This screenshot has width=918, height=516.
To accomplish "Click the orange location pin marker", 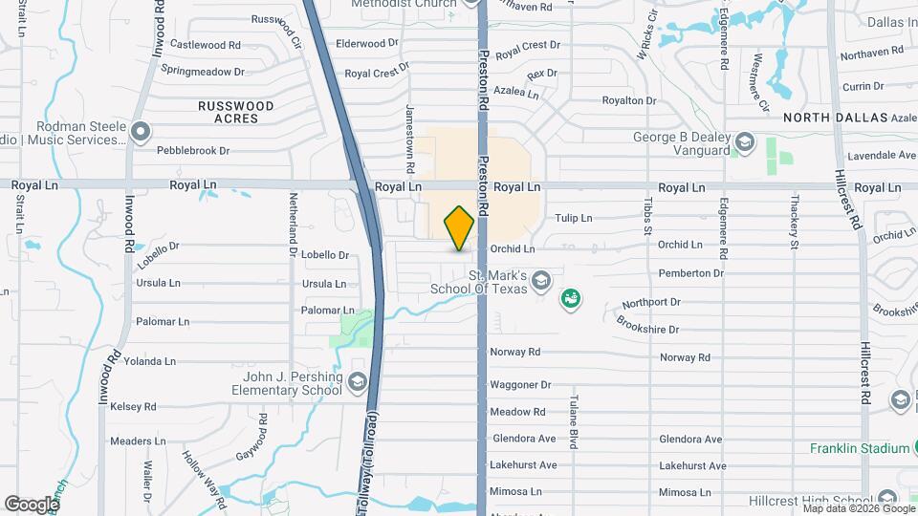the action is click(460, 227).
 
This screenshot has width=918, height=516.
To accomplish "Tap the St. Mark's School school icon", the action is click(541, 280).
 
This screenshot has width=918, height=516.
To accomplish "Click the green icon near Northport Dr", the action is click(572, 299).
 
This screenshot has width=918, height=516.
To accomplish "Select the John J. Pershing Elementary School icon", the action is click(358, 382).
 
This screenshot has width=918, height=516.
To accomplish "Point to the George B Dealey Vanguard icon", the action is click(743, 144).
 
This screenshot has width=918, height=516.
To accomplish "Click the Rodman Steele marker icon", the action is click(141, 132).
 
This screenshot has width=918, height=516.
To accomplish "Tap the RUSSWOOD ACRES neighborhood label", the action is click(235, 112).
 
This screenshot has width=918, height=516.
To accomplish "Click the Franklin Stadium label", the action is click(859, 448).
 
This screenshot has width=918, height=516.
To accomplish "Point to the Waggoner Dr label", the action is click(520, 385).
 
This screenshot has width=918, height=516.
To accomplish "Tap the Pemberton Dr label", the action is click(690, 273).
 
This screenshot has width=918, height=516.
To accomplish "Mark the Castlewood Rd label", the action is click(205, 45).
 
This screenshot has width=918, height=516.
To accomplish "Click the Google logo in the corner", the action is click(32, 504).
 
